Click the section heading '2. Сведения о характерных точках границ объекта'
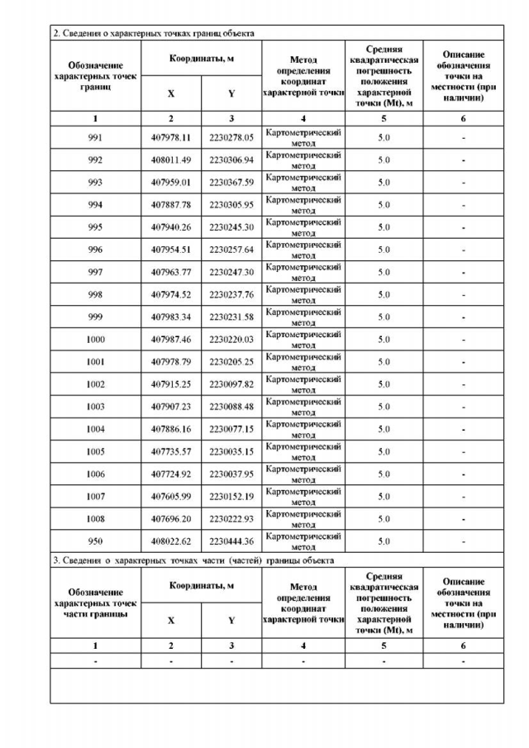point(153,33)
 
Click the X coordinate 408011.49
point(171,160)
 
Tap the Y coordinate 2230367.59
point(231,182)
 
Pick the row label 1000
point(95,339)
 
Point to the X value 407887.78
point(171,204)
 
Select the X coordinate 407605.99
point(171,496)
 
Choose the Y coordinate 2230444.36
point(231,541)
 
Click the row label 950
point(95,541)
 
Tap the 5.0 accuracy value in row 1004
point(384,429)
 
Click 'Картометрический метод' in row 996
point(303,250)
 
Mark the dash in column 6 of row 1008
point(464,519)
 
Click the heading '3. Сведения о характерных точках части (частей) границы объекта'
point(193,560)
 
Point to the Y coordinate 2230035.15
point(231,451)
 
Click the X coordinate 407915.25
point(171,384)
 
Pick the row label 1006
point(95,474)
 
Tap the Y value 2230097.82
point(231,384)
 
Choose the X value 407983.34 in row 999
point(171,317)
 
